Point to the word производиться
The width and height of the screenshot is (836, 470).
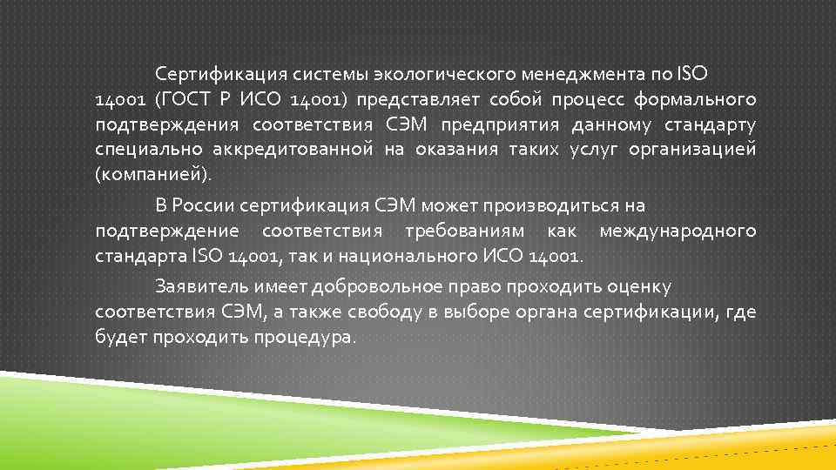coord(549,206)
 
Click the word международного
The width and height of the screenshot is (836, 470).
coord(678,232)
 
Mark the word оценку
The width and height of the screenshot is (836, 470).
coord(640,285)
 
